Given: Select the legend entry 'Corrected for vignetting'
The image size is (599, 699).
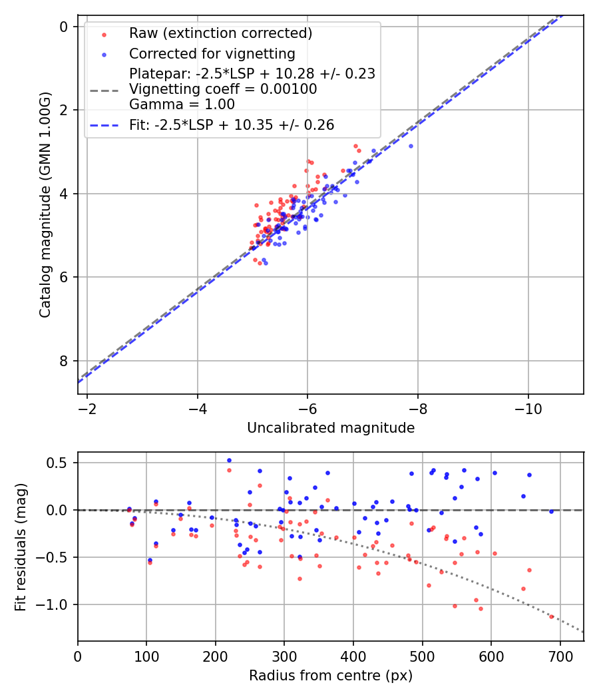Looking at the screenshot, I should [212, 53].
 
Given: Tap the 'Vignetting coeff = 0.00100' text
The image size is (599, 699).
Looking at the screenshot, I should [223, 89].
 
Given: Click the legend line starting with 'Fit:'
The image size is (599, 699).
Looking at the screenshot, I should [231, 124].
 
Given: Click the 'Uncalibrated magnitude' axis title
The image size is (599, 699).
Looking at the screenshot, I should [331, 428].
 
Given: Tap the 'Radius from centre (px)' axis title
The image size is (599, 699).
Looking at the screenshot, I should [331, 676].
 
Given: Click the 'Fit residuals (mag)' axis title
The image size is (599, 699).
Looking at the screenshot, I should [21, 547].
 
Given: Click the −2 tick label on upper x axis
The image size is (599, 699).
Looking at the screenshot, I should [87, 405].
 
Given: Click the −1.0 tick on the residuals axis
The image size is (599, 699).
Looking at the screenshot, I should [57, 604].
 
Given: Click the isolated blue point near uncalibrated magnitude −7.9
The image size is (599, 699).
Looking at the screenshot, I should [411, 146].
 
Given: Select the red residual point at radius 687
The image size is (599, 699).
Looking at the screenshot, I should [551, 616].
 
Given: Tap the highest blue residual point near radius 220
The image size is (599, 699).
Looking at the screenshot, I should [229, 460].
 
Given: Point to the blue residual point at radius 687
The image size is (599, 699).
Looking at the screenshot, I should [551, 511].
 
